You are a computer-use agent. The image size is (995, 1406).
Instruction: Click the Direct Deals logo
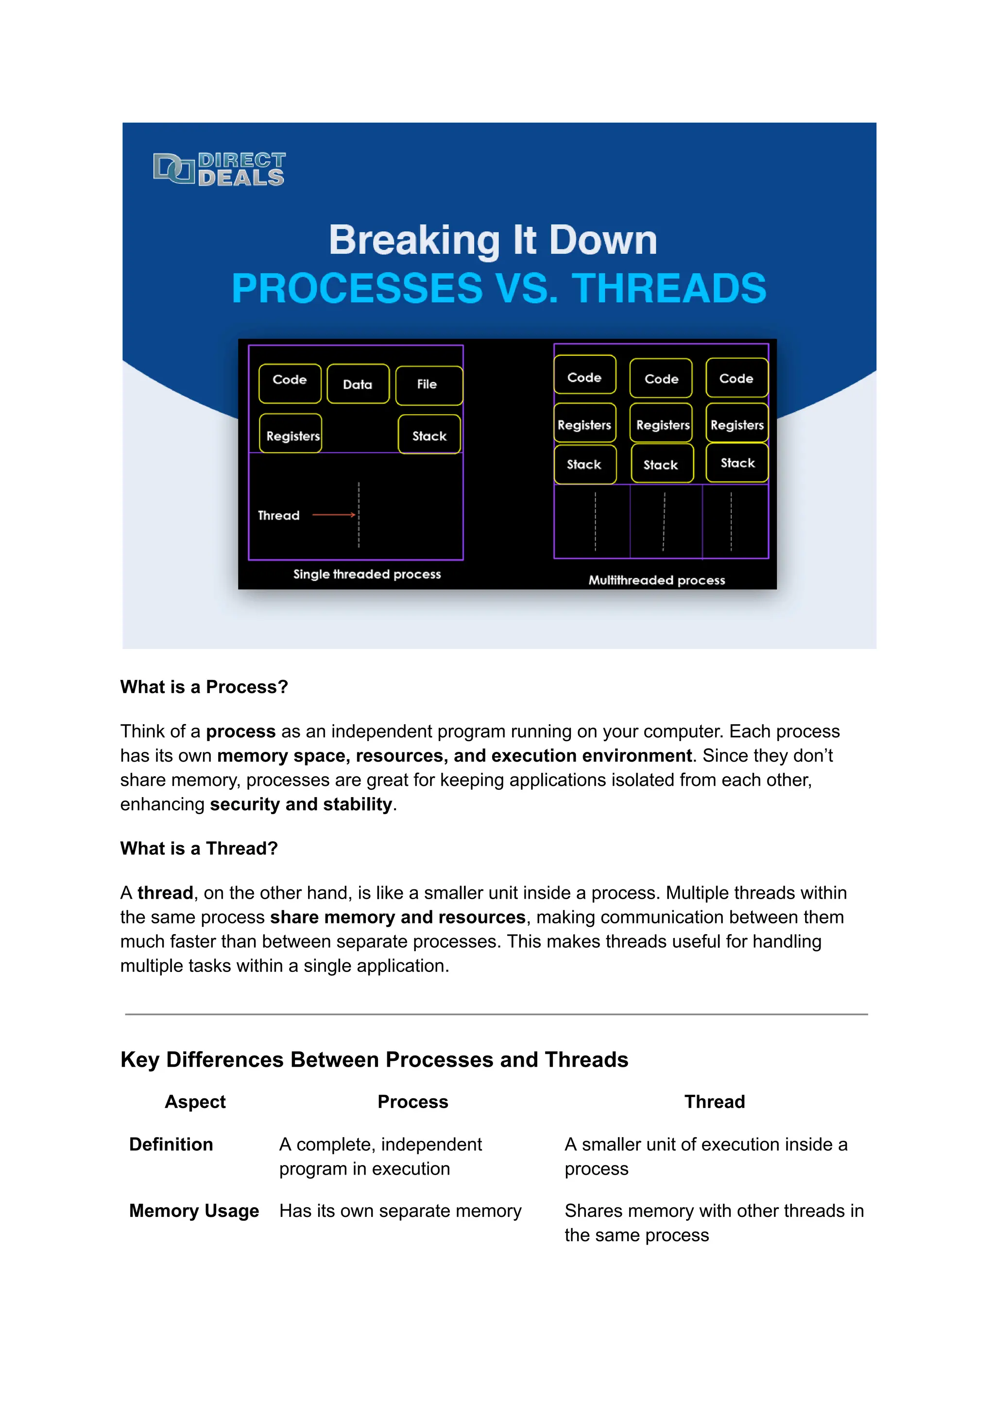coord(219,169)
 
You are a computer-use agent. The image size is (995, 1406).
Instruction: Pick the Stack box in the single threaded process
coord(429,434)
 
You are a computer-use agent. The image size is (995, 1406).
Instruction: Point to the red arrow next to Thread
coord(333,515)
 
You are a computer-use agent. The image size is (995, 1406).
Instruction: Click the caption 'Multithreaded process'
coord(656,580)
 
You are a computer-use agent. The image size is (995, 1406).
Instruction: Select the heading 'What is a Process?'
coord(204,687)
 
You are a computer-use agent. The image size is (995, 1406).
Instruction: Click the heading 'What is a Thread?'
coord(199,848)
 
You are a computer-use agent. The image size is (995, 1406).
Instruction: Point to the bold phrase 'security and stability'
coord(301,804)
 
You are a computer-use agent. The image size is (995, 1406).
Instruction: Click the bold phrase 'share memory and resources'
coord(397,917)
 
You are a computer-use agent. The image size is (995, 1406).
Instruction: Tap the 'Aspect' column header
coord(195,1102)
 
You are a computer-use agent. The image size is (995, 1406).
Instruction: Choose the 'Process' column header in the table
coord(413,1102)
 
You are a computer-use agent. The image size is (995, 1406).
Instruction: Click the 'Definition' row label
coord(171,1145)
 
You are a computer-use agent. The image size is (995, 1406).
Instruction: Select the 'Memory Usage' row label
coord(194,1211)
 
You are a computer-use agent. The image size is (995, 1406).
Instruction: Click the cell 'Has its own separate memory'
coord(400,1211)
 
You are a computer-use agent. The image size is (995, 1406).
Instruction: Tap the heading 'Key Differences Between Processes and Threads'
coord(375,1059)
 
